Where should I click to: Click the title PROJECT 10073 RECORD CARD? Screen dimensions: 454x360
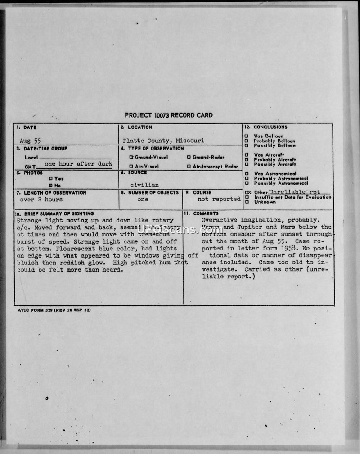[x=169, y=115]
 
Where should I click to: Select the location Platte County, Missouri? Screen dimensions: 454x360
[x=163, y=141]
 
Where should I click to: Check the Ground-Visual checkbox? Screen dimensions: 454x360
[x=131, y=157]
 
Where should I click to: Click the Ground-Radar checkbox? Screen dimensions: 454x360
[x=189, y=157]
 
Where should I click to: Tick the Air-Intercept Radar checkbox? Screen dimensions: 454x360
[x=189, y=167]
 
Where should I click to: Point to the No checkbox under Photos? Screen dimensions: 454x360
[x=51, y=185]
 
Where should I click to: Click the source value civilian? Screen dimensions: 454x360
[x=144, y=185]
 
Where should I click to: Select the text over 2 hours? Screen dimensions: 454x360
[x=41, y=199]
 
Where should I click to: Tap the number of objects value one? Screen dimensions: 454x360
[x=143, y=199]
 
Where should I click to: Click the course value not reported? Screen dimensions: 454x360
[x=219, y=199]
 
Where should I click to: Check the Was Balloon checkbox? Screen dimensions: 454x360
[x=247, y=136]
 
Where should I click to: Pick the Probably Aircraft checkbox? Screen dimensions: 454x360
[x=247, y=160]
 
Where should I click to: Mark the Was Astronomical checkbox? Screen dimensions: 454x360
[x=247, y=174]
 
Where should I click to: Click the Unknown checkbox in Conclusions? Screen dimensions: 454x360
[x=247, y=202]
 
